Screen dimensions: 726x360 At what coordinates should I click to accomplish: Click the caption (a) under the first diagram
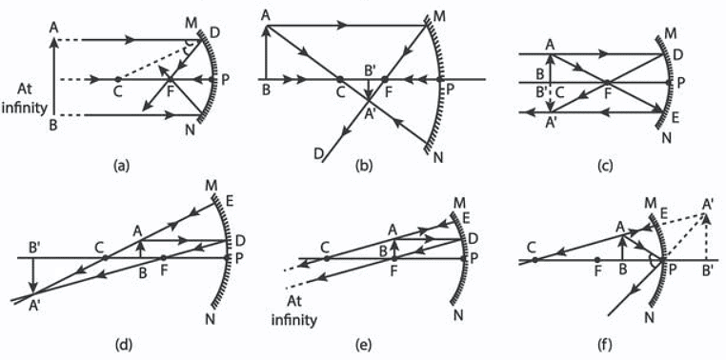click(120, 165)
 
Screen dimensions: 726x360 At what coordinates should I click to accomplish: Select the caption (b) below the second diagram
click(363, 165)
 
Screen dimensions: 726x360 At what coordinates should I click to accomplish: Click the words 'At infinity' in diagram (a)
click(26, 99)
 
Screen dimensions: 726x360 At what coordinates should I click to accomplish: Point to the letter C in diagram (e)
click(326, 244)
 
